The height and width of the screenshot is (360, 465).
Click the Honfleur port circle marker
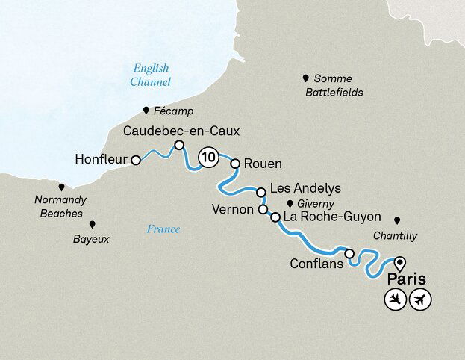coord(135,160)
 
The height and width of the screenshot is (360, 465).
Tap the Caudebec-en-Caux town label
coord(181,131)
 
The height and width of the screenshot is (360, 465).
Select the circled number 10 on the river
coord(208,157)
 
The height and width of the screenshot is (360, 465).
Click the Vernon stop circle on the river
coord(263,210)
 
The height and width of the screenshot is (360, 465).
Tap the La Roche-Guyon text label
coord(333,217)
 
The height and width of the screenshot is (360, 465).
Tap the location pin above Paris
coord(400,262)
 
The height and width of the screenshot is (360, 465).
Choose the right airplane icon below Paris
coord(421,300)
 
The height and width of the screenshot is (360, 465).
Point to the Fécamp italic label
coord(173,111)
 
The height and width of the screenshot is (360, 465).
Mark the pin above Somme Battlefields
coord(305,78)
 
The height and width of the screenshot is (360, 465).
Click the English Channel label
coord(149,74)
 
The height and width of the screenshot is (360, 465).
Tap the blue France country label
coord(163,229)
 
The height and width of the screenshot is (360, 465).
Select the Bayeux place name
coord(91,240)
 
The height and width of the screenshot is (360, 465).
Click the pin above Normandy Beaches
coord(61,187)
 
